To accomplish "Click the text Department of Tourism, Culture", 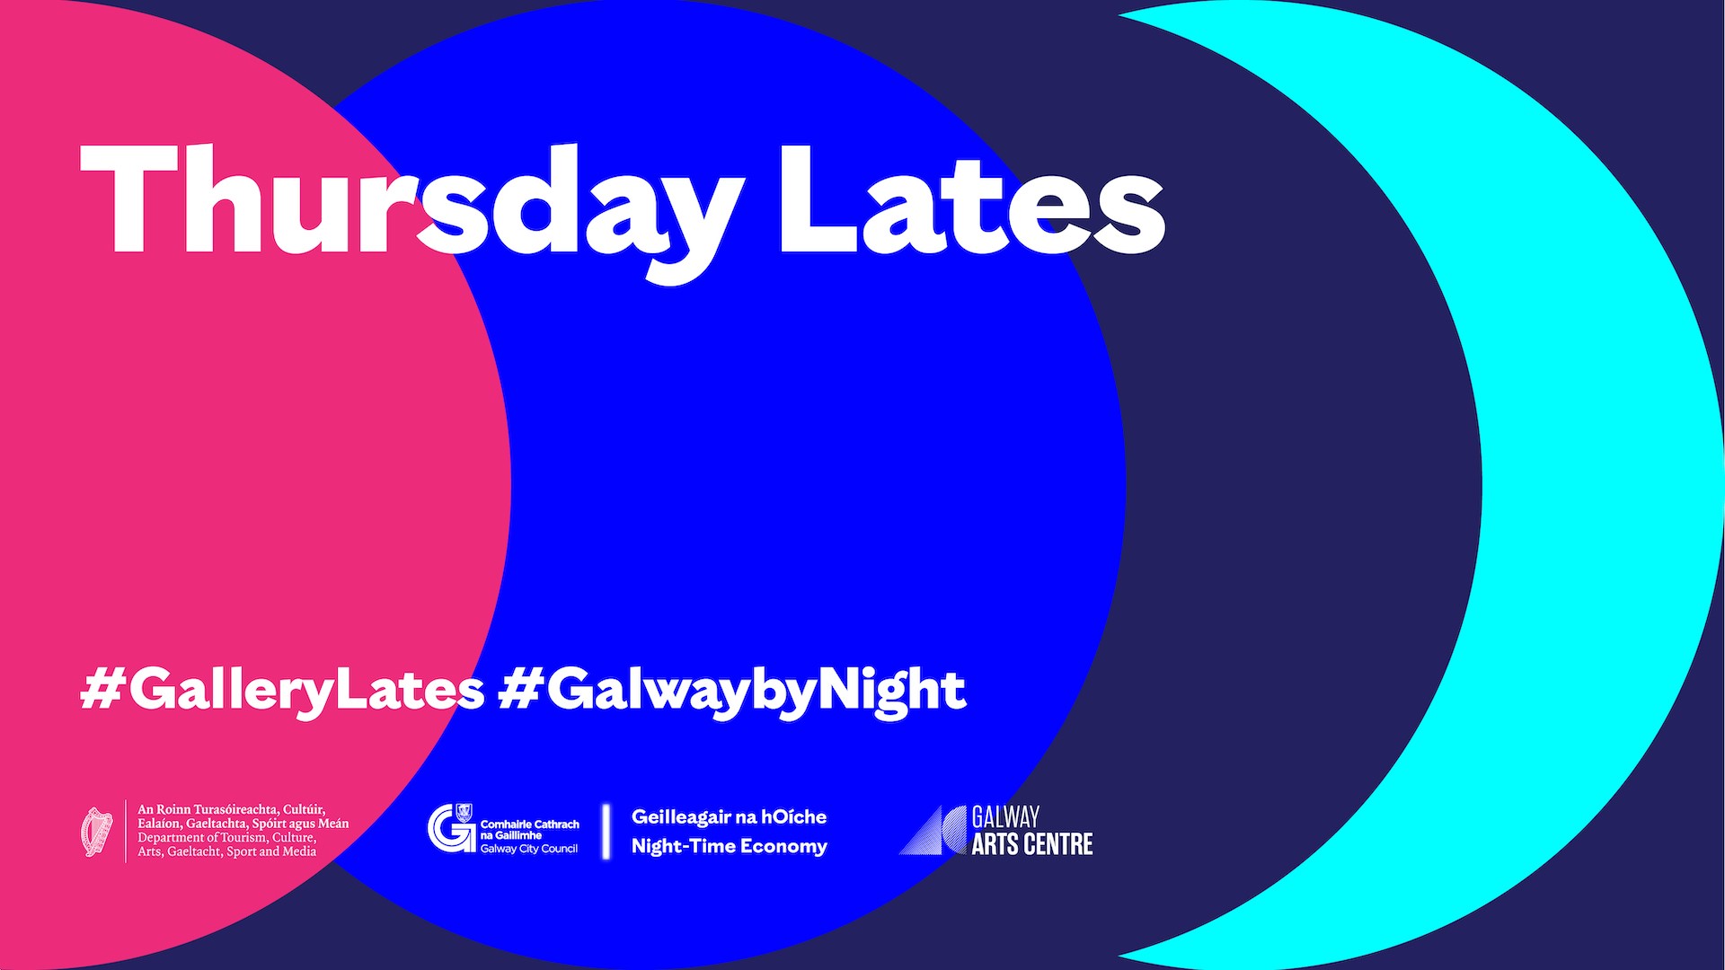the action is tap(226, 838).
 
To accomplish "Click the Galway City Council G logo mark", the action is tap(451, 827).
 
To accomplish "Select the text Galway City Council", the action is tap(529, 849).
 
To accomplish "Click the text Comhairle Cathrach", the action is tap(530, 824).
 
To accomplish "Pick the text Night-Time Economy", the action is tap(730, 847).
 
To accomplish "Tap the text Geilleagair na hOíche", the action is tap(729, 816).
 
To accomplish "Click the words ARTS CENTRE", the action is tap(1032, 844).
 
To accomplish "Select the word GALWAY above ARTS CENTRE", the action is tap(1005, 816).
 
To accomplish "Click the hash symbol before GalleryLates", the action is tap(98, 689).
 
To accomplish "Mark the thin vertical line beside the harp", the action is tap(125, 832).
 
